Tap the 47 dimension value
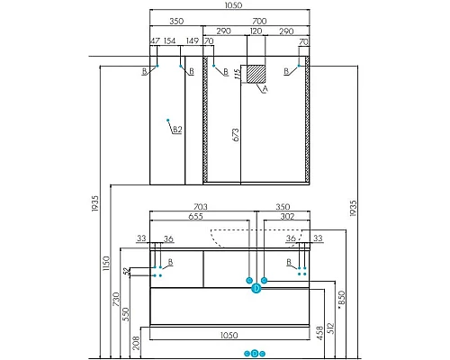point(155,42)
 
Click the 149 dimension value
point(191,42)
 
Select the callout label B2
point(177,130)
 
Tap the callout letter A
point(265,89)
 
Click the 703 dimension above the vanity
point(200,207)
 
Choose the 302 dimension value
point(287,216)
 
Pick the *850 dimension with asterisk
point(340,298)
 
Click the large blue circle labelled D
point(255,288)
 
